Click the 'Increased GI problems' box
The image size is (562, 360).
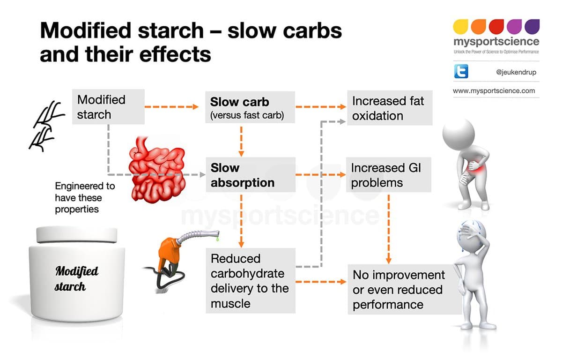click(x=389, y=175)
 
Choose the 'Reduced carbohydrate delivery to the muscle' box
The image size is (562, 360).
click(x=250, y=281)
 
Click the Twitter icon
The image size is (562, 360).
click(x=461, y=72)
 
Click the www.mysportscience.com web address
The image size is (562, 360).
click(x=494, y=91)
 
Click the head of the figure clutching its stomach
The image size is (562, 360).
click(x=458, y=135)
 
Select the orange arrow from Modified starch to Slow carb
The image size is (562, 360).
click(x=171, y=107)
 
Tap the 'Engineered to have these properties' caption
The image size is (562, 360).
click(x=84, y=197)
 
